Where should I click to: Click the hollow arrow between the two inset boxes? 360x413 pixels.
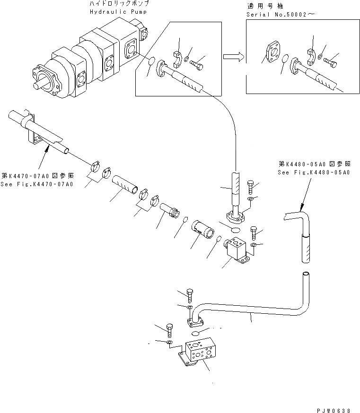pyautogui.click(x=233, y=57)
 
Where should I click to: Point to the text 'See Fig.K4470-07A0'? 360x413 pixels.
pyautogui.click(x=37, y=184)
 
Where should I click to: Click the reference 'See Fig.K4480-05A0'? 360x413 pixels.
pyautogui.click(x=313, y=172)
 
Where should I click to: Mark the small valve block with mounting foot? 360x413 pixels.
pyautogui.click(x=235, y=249)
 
